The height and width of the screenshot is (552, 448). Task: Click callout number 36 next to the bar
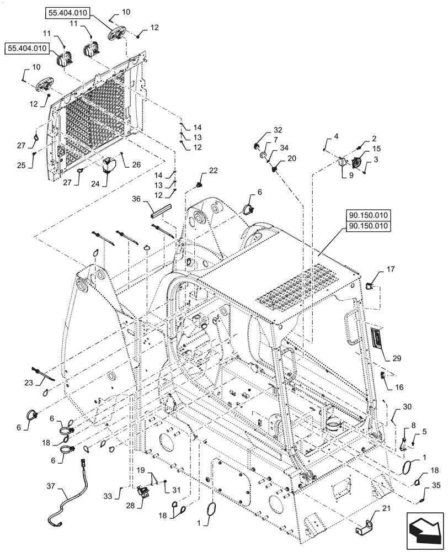(x=136, y=199)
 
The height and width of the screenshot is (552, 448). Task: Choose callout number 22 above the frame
(x=213, y=171)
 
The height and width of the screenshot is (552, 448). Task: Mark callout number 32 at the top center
(x=278, y=130)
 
